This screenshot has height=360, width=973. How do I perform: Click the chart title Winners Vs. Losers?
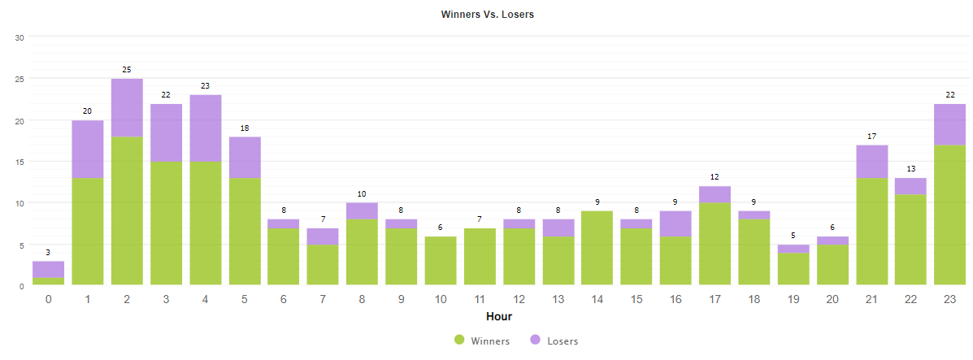click(487, 15)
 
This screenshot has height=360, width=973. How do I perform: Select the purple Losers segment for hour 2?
click(127, 107)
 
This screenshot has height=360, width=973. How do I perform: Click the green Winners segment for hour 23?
click(949, 215)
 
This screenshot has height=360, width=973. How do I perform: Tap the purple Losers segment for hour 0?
click(48, 269)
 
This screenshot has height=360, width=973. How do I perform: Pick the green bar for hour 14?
click(597, 248)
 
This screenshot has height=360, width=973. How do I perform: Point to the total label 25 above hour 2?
click(127, 70)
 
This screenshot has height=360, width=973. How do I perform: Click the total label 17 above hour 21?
click(871, 136)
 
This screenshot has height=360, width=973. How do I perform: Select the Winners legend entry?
click(482, 340)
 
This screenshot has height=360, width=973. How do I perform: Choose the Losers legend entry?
click(554, 340)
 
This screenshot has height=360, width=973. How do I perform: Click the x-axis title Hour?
click(498, 316)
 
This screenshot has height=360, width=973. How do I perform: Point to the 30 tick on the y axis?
click(20, 37)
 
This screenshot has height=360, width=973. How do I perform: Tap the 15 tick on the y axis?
click(20, 162)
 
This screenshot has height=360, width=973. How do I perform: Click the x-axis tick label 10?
click(441, 299)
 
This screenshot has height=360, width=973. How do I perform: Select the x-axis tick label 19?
click(793, 299)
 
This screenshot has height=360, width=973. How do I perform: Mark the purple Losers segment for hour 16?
click(675, 223)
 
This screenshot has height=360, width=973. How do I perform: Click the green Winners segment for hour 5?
click(245, 231)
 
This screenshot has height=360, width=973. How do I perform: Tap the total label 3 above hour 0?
click(48, 253)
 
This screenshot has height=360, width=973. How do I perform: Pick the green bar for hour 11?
click(480, 256)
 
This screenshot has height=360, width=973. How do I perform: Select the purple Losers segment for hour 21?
click(871, 162)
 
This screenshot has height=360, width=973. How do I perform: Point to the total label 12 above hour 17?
click(715, 177)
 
